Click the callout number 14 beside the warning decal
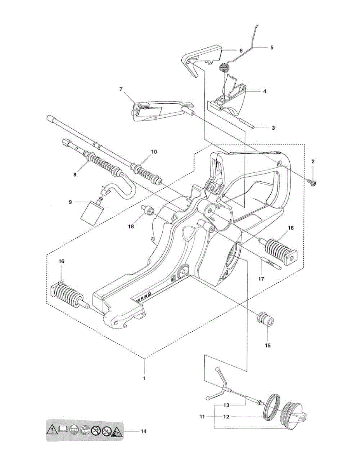(x=144, y=431)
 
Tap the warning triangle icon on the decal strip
(x=52, y=430)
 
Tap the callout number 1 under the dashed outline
(x=144, y=378)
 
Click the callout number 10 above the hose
(x=154, y=152)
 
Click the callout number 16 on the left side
(x=61, y=261)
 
